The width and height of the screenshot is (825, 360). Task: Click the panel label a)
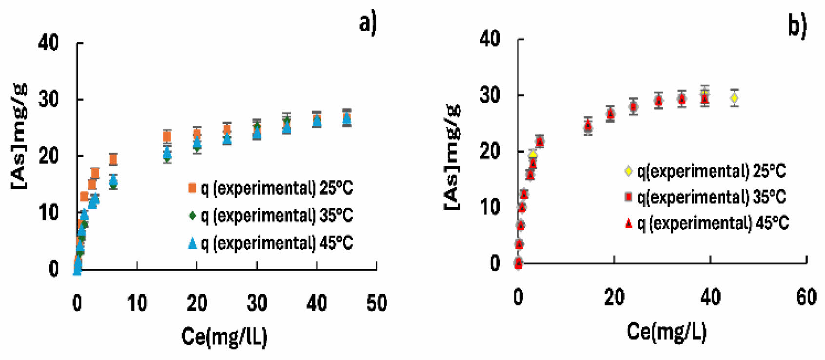[368, 23]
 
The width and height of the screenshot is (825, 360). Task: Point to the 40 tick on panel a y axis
[49, 43]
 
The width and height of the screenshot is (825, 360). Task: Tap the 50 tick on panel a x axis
[376, 303]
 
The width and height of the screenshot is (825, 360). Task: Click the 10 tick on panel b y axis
[490, 207]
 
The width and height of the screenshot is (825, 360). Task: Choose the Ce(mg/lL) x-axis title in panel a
[224, 337]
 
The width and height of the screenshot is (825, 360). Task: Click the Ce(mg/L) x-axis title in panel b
[666, 331]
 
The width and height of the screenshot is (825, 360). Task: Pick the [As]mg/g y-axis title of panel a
[20, 136]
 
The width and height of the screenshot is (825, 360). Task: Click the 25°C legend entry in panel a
[271, 188]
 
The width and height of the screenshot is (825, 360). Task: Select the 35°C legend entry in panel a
[271, 215]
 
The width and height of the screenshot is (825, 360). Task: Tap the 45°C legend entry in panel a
[271, 242]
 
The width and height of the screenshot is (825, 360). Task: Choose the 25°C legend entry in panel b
[706, 171]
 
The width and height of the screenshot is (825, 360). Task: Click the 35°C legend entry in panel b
[706, 197]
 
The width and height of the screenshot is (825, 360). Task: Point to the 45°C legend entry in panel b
[707, 223]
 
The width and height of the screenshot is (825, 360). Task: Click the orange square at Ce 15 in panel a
[167, 136]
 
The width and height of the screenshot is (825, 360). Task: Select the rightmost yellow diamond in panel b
[734, 98]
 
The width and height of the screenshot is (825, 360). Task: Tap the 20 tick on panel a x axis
[197, 303]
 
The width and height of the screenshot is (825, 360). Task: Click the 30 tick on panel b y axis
[490, 95]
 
